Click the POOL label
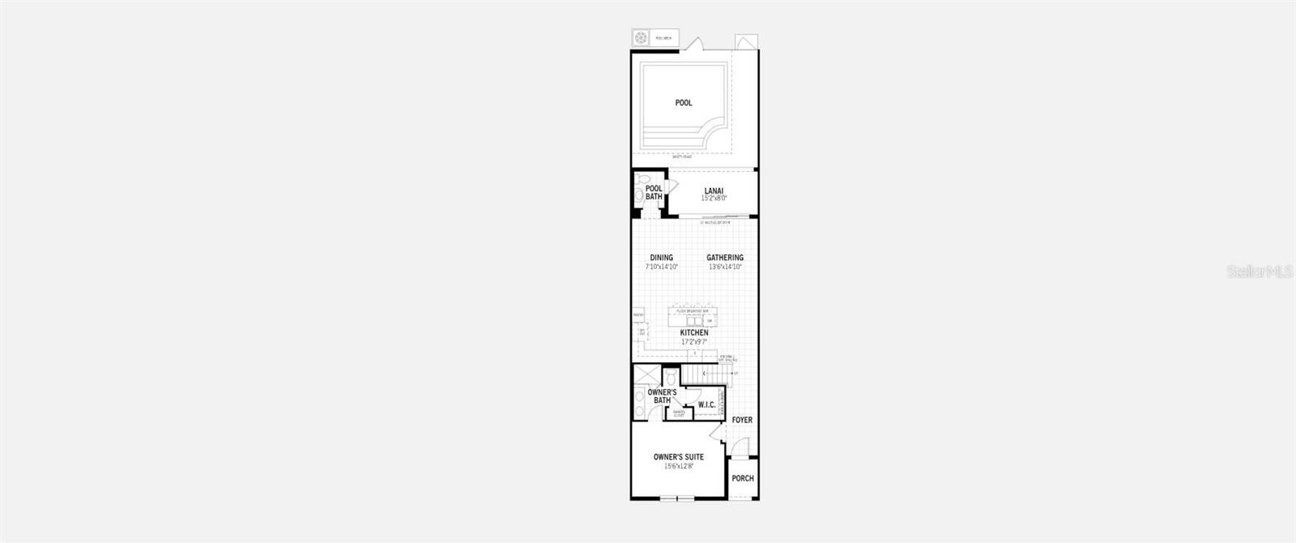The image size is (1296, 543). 684,103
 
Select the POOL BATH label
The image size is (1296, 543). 654,193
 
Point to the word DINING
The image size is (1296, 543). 661,258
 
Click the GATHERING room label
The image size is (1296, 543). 725,258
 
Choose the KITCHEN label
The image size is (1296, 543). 694,333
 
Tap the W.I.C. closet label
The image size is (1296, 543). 706,404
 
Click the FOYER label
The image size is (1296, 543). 742,421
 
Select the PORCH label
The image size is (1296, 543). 743,478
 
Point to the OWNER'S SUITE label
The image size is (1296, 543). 679,457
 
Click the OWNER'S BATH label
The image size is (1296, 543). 662,396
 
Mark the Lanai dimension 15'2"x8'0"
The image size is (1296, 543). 714,199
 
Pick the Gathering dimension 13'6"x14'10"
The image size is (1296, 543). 725,266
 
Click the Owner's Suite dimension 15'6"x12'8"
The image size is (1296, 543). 679,466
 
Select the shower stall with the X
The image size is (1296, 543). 646,375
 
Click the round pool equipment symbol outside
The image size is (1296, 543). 641,38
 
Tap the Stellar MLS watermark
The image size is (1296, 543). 1262,272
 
